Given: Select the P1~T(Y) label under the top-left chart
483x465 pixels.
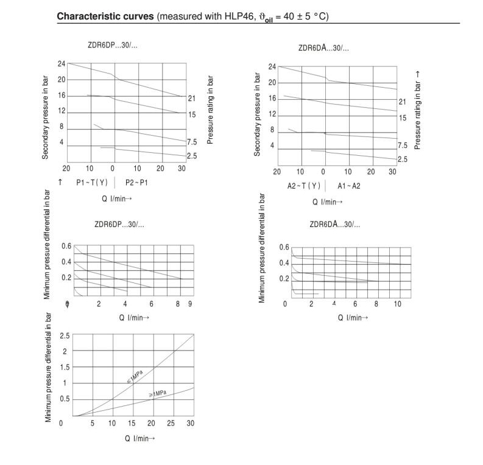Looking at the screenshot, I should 91,182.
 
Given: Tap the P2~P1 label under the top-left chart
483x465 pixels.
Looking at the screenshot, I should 136,182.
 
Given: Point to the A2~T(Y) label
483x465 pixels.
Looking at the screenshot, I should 303,186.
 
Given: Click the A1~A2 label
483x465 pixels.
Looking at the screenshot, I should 348,186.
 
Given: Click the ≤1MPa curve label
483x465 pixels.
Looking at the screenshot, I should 135,377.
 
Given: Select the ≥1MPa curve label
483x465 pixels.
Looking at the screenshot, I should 158,394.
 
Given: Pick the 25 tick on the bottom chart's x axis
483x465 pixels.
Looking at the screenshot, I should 171,423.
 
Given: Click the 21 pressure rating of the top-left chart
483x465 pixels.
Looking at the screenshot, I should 191,99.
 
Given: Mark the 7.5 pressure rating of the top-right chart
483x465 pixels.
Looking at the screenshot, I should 403,145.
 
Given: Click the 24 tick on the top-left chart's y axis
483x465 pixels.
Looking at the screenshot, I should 62,64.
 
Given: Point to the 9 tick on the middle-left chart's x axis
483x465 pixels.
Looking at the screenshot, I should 190,304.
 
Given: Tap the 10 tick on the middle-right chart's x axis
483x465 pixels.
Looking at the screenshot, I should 397,304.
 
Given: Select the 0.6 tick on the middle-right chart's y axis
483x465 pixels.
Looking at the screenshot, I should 284,247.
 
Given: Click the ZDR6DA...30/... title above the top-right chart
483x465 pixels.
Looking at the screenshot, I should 323,48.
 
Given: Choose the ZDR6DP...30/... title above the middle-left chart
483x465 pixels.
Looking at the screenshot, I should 119,225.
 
